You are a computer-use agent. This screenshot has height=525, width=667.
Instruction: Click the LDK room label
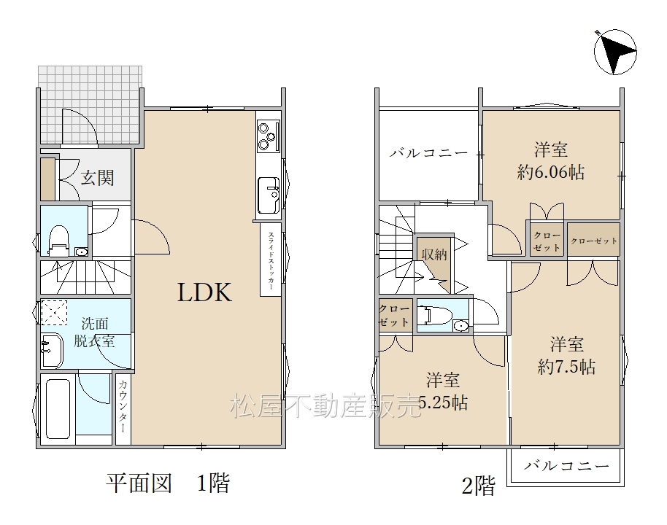pos(204,292)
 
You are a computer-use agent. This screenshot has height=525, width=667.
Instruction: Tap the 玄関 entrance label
pos(97,178)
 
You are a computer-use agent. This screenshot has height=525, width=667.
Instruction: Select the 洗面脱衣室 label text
pos(94,332)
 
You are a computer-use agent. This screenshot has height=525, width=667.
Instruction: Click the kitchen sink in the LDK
pos(269,195)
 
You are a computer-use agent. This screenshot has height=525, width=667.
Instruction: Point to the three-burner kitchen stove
pos(269,136)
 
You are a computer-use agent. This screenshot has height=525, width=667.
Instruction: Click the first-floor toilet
pos(59,241)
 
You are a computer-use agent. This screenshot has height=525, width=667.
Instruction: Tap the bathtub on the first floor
pos(58,408)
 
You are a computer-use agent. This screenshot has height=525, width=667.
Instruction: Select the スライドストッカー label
pos(271,261)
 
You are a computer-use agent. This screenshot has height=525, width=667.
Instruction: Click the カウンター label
pos(123,406)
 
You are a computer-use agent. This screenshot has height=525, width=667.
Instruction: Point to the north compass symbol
pos(615,52)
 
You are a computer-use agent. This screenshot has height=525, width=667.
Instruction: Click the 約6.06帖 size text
pos(550,172)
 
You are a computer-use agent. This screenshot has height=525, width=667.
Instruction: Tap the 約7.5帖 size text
pos(566,367)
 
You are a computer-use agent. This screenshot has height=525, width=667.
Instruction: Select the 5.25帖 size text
pos(443,402)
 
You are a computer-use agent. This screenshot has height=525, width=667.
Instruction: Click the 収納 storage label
pos(434,254)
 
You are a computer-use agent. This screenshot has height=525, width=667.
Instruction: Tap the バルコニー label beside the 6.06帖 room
pos(429,152)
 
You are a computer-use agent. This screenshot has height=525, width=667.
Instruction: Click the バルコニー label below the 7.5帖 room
pos(566,466)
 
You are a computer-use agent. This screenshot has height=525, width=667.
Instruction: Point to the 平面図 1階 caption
pos(168,483)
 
